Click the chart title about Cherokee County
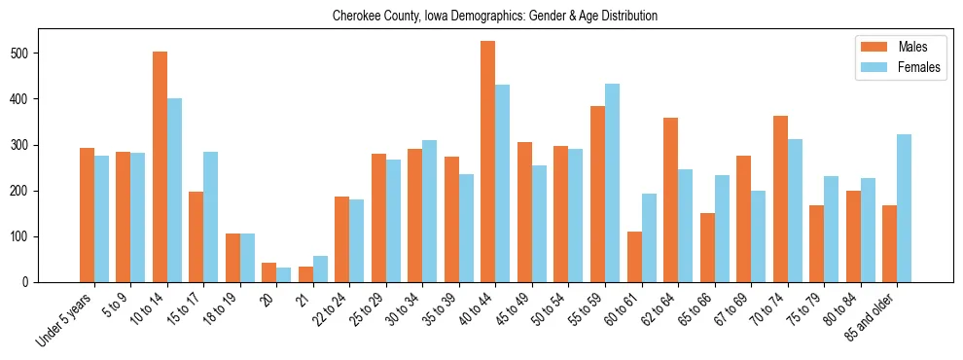click(495, 17)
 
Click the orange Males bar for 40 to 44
click(487, 162)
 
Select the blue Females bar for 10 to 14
click(174, 190)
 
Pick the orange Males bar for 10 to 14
click(160, 166)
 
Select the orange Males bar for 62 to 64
click(670, 199)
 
